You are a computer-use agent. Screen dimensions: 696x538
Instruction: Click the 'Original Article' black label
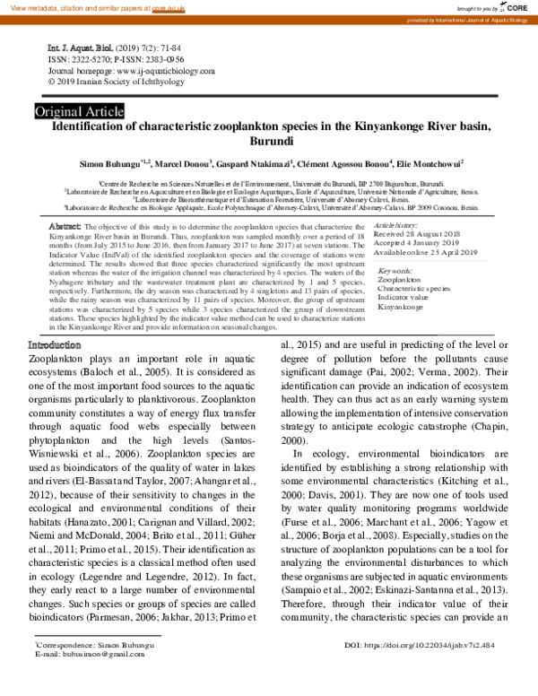(79, 111)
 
